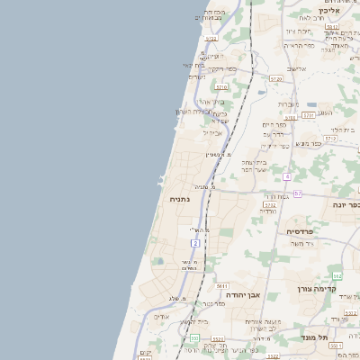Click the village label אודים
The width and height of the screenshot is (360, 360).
coord(162,316)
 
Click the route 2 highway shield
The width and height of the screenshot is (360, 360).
coord(195,243)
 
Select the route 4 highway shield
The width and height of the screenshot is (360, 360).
coord(287,176)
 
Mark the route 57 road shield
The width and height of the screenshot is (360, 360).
coord(297,193)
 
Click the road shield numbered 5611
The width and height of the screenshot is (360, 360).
coord(221,285)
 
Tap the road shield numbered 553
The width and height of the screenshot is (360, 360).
coord(194,337)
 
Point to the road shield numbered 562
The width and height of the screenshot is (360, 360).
coord(336,275)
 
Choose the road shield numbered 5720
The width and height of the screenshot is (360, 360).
coord(275,79)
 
